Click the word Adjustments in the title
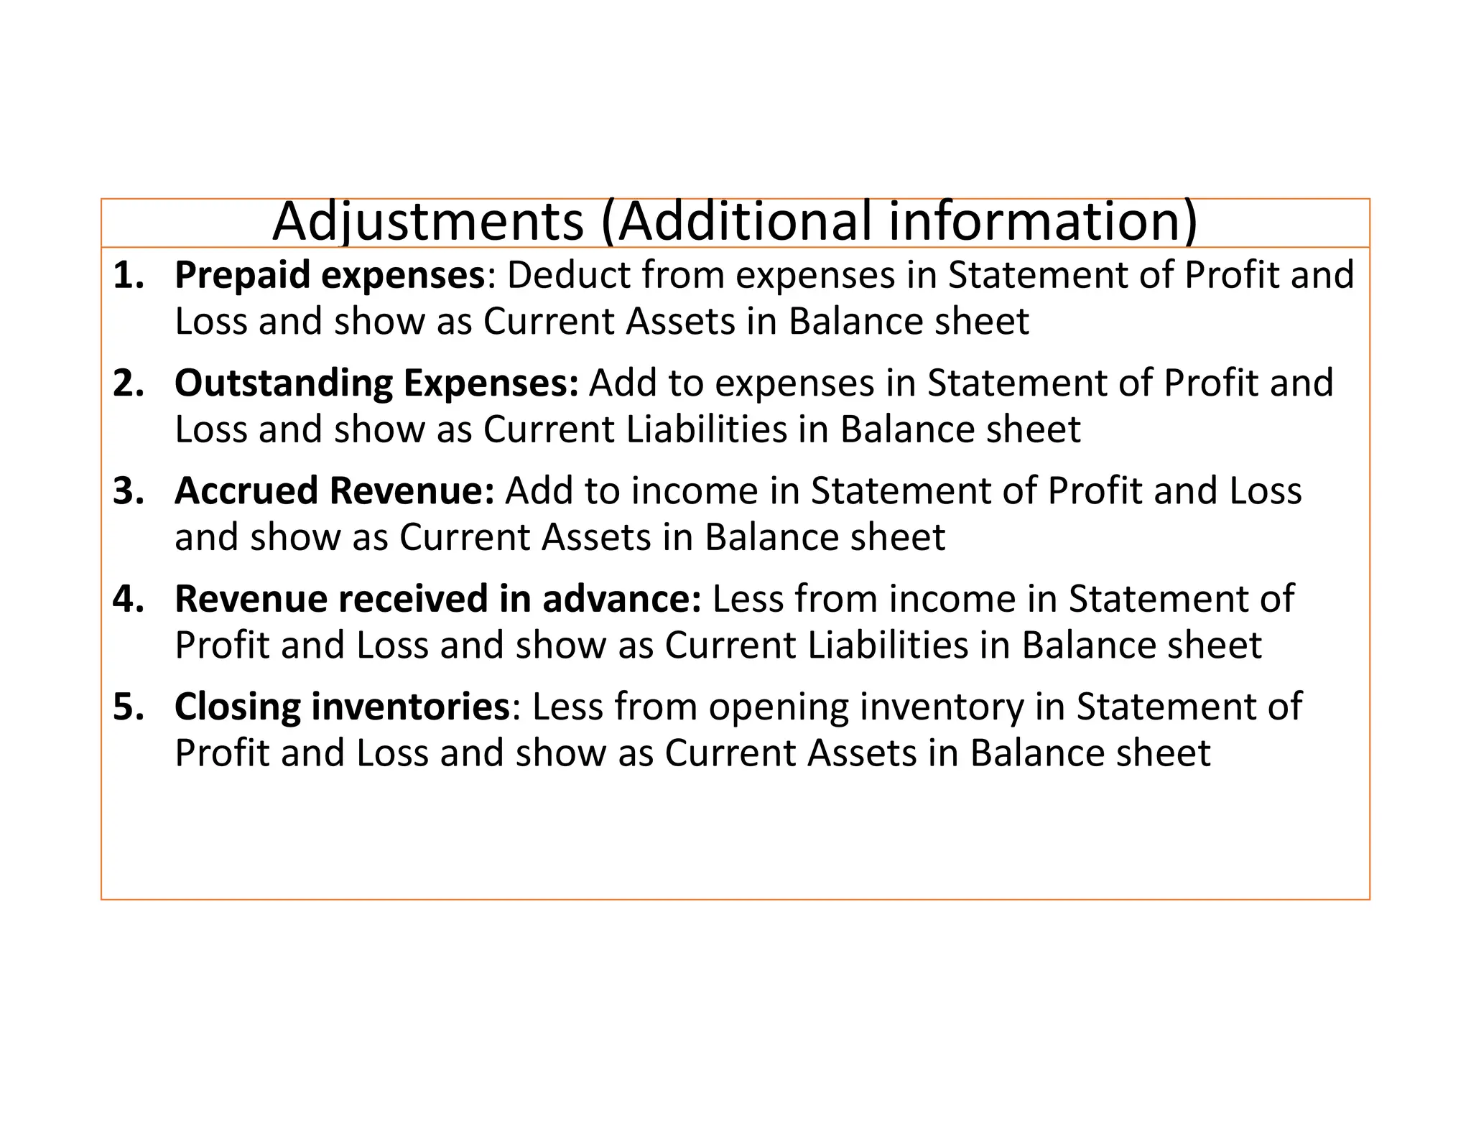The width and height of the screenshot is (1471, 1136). [428, 221]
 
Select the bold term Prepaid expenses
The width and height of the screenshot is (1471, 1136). [330, 275]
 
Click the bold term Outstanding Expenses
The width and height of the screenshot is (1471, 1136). [376, 383]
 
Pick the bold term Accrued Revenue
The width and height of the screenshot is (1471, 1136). [334, 491]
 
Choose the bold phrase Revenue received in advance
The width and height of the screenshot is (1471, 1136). [437, 599]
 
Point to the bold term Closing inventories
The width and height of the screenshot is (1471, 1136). [342, 707]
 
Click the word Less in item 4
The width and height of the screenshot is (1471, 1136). [743, 599]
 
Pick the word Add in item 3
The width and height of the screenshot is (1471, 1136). [538, 491]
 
